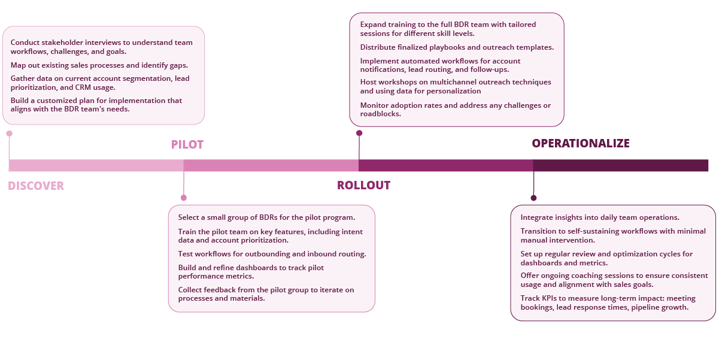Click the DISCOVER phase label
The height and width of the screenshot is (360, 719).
coord(36,186)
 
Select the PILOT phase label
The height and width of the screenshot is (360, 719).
coord(187,144)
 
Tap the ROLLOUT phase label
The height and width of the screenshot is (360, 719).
coord(363,185)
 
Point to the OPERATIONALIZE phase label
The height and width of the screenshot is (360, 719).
coord(581,143)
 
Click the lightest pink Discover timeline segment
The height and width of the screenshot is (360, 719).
coord(96,165)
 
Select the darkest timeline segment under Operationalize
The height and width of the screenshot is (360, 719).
coord(620,165)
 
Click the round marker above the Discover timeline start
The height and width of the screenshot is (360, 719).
coord(9,134)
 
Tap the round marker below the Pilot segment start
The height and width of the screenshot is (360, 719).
coord(184,198)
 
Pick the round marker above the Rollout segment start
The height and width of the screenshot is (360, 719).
coord(359,133)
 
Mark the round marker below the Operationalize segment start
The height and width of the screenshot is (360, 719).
coord(533,198)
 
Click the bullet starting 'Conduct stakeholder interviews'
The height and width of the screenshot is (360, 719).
coord(101,47)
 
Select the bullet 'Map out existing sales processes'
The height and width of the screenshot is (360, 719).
coord(99,65)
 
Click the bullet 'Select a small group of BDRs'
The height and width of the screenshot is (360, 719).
coord(266,217)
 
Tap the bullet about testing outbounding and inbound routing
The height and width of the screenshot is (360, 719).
coord(272,254)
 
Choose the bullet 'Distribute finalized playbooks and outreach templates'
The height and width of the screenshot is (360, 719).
coord(456,47)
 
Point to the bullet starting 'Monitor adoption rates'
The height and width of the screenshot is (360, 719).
coord(455,110)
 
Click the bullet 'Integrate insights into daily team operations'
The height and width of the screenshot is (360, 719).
coord(600,217)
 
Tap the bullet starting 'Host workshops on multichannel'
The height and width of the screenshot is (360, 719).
coord(455,87)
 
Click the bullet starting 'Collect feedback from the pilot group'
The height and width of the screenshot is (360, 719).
coord(266,294)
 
